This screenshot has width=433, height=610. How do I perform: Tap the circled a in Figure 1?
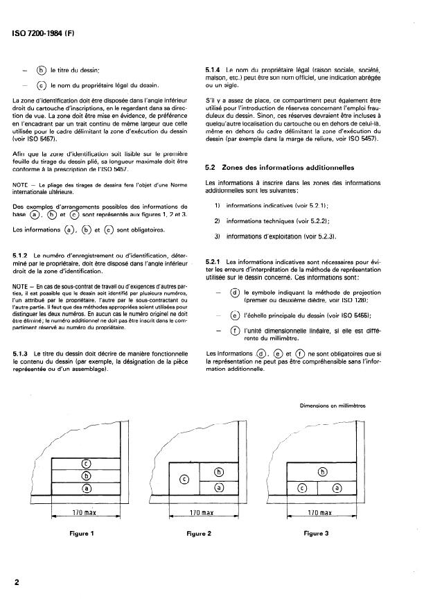pyautogui.click(x=87, y=489)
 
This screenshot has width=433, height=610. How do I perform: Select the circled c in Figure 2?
pyautogui.click(x=184, y=479)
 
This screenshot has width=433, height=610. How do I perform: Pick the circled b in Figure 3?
pyautogui.click(x=321, y=472)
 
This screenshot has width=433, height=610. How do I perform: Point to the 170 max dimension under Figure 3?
pyautogui.click(x=321, y=513)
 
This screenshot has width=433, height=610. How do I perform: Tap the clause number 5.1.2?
pyautogui.click(x=24, y=256)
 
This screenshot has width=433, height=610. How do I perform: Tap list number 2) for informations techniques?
pyautogui.click(x=217, y=220)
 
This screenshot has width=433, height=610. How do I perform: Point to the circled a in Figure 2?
pyautogui.click(x=220, y=488)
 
